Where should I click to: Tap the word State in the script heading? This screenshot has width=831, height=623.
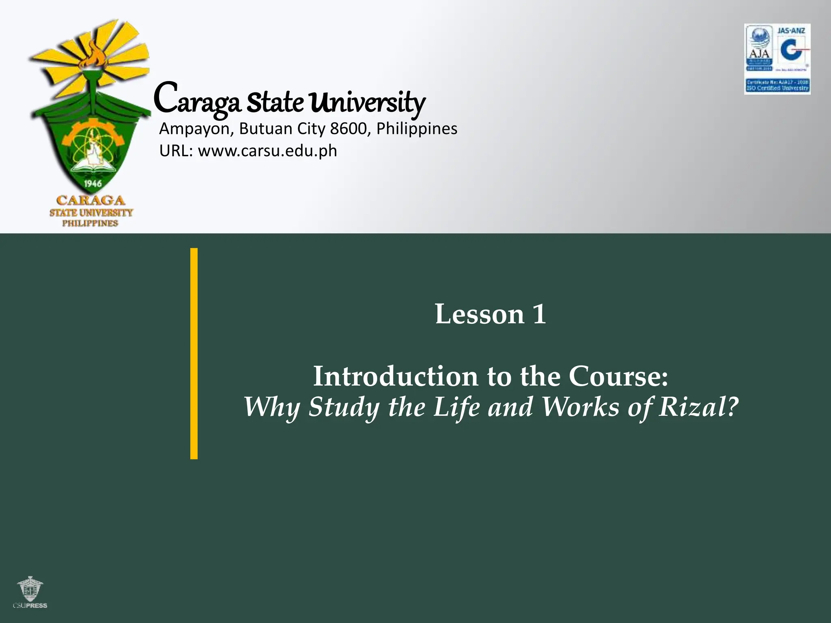[x=275, y=102]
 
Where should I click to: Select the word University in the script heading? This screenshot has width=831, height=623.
[x=367, y=102]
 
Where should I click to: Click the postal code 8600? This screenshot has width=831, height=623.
[x=348, y=129]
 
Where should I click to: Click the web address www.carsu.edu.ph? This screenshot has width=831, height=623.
[x=267, y=151]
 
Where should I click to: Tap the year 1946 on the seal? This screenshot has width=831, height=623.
[x=93, y=184]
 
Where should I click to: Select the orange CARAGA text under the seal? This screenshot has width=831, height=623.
[x=91, y=200]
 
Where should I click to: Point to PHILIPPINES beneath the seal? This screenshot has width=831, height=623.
[x=90, y=223]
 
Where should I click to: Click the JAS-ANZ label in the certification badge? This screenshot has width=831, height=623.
[x=791, y=31]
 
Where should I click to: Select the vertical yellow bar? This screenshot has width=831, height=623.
[x=194, y=353]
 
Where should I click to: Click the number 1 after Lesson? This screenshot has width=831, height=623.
[x=539, y=314]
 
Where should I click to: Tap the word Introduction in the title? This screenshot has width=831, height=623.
[x=396, y=376]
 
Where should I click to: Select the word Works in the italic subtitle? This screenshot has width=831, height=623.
[x=581, y=407]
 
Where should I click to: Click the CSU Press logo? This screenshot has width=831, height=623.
[x=30, y=593]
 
